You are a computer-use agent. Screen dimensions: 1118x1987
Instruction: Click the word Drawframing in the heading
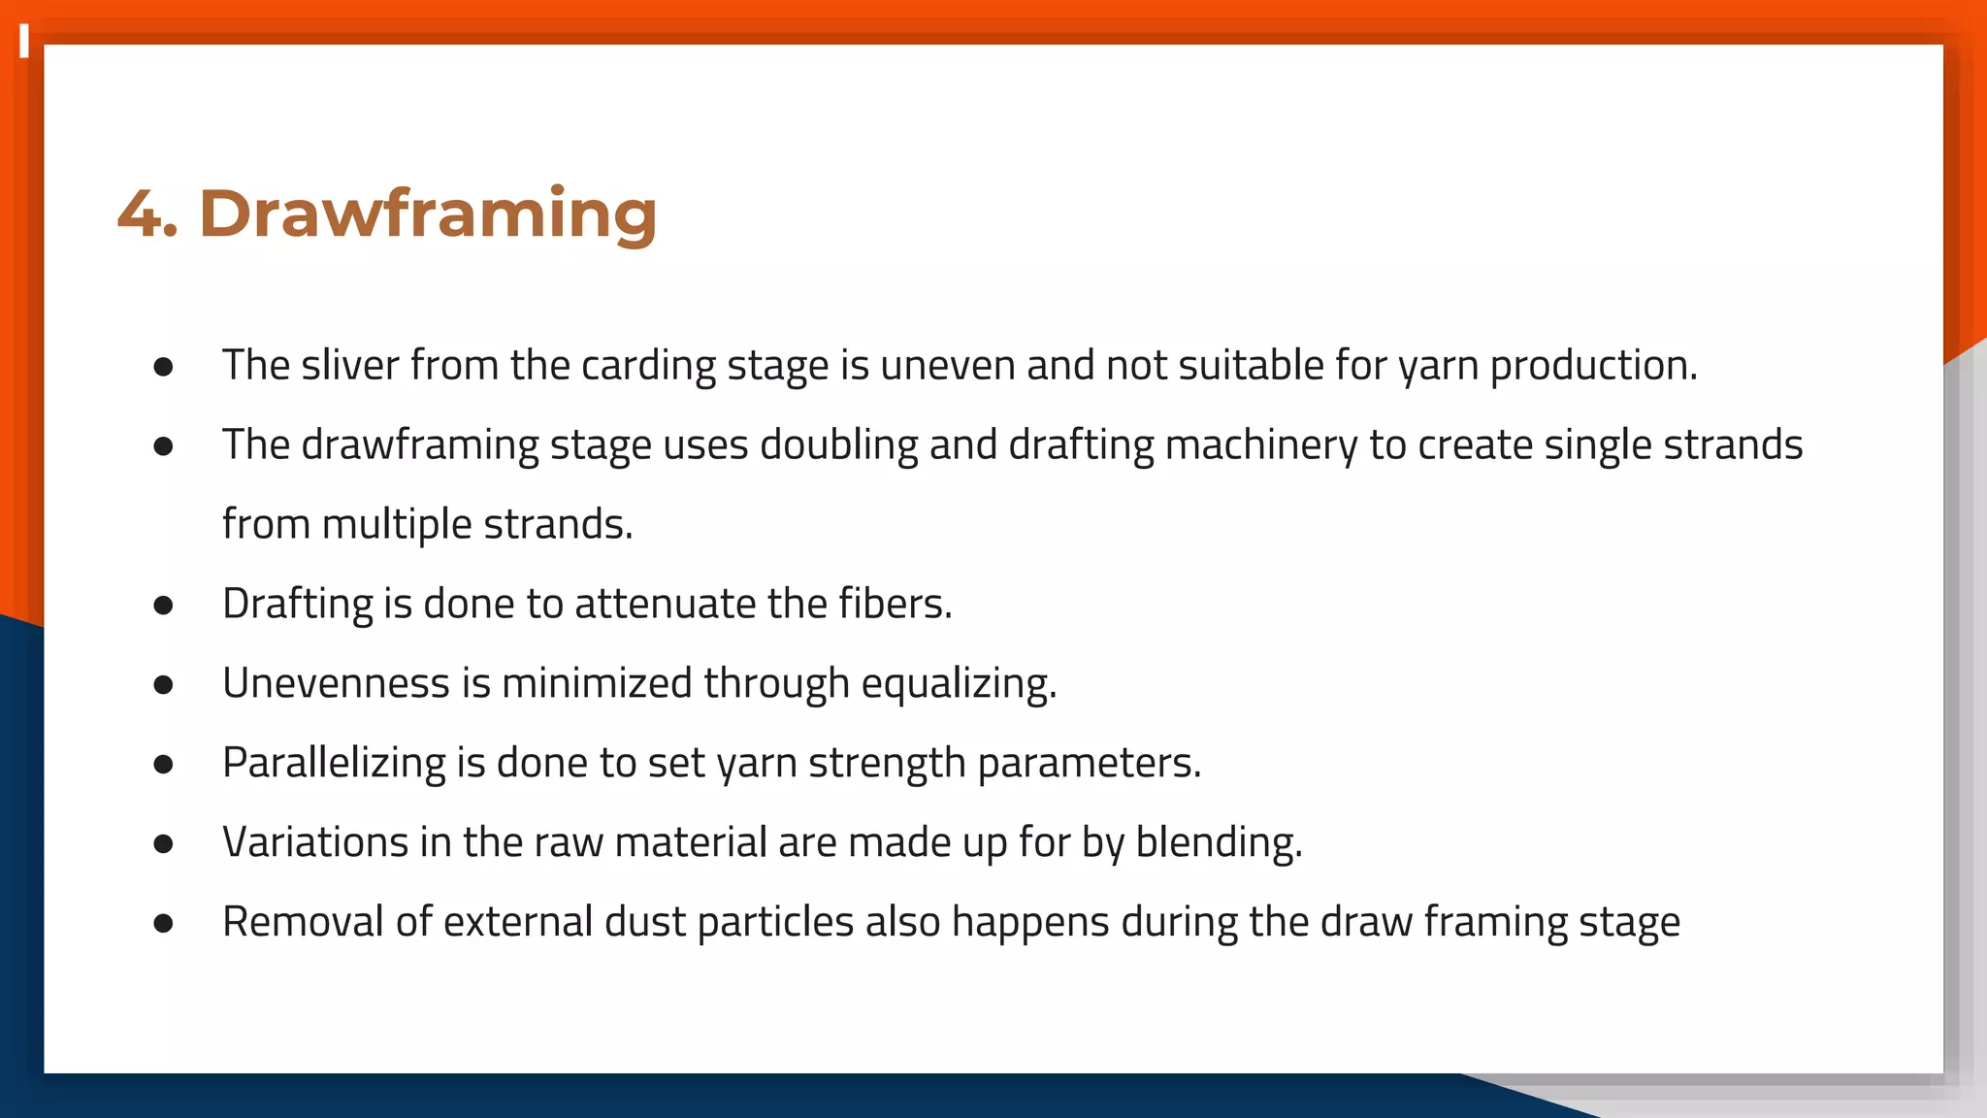pyautogui.click(x=428, y=214)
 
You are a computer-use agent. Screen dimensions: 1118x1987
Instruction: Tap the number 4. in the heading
pyautogui.click(x=147, y=214)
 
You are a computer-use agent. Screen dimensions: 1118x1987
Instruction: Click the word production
pyautogui.click(x=1593, y=366)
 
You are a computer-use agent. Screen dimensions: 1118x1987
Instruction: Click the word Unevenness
pyautogui.click(x=336, y=683)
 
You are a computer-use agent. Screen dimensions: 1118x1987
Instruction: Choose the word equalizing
pyautogui.click(x=959, y=683)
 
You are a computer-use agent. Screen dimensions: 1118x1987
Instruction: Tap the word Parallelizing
pyautogui.click(x=334, y=763)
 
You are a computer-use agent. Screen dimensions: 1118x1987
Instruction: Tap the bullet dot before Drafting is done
pyautogui.click(x=163, y=606)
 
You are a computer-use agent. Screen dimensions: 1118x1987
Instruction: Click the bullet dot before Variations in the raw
pyautogui.click(x=163, y=844)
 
